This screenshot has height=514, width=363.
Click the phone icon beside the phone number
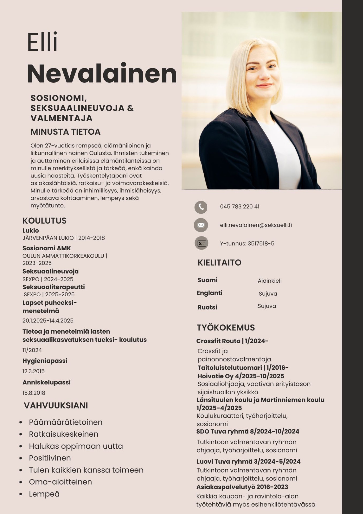click(201, 207)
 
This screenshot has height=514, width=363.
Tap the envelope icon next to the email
click(201, 225)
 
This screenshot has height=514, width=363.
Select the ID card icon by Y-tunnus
click(201, 243)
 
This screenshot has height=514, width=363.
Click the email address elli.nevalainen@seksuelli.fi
click(256, 225)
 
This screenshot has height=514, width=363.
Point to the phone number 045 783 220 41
click(240, 207)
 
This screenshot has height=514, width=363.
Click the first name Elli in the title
click(42, 42)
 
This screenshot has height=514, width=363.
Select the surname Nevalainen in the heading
click(102, 74)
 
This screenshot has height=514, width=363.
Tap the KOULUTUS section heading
click(44, 221)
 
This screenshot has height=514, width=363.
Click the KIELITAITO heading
click(219, 263)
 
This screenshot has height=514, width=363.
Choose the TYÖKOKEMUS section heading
click(226, 328)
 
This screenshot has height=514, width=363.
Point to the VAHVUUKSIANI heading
click(56, 406)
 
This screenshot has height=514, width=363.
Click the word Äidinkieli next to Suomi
click(269, 281)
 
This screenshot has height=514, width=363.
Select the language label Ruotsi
click(207, 307)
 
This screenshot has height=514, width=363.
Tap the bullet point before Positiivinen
click(21, 458)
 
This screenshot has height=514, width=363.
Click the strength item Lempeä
click(44, 494)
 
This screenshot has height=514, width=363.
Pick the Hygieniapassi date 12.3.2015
click(33, 371)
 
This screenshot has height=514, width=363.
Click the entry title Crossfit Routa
click(218, 341)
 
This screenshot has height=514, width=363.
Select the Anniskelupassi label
click(47, 382)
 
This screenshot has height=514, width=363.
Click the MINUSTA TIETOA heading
click(66, 132)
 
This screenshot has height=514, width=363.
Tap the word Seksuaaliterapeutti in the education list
click(54, 287)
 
